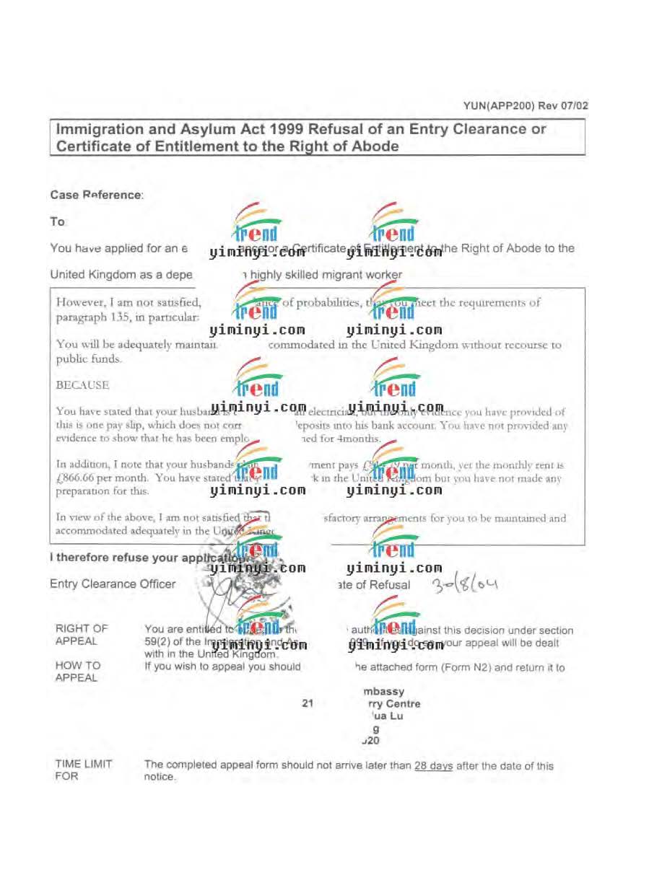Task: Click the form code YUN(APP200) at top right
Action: pos(498,105)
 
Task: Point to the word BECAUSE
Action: pos(82,385)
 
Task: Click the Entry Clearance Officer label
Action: pos(113,584)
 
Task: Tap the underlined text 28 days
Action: pos(433,766)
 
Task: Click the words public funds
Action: pos(88,358)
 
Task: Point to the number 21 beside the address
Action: pos(309,704)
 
